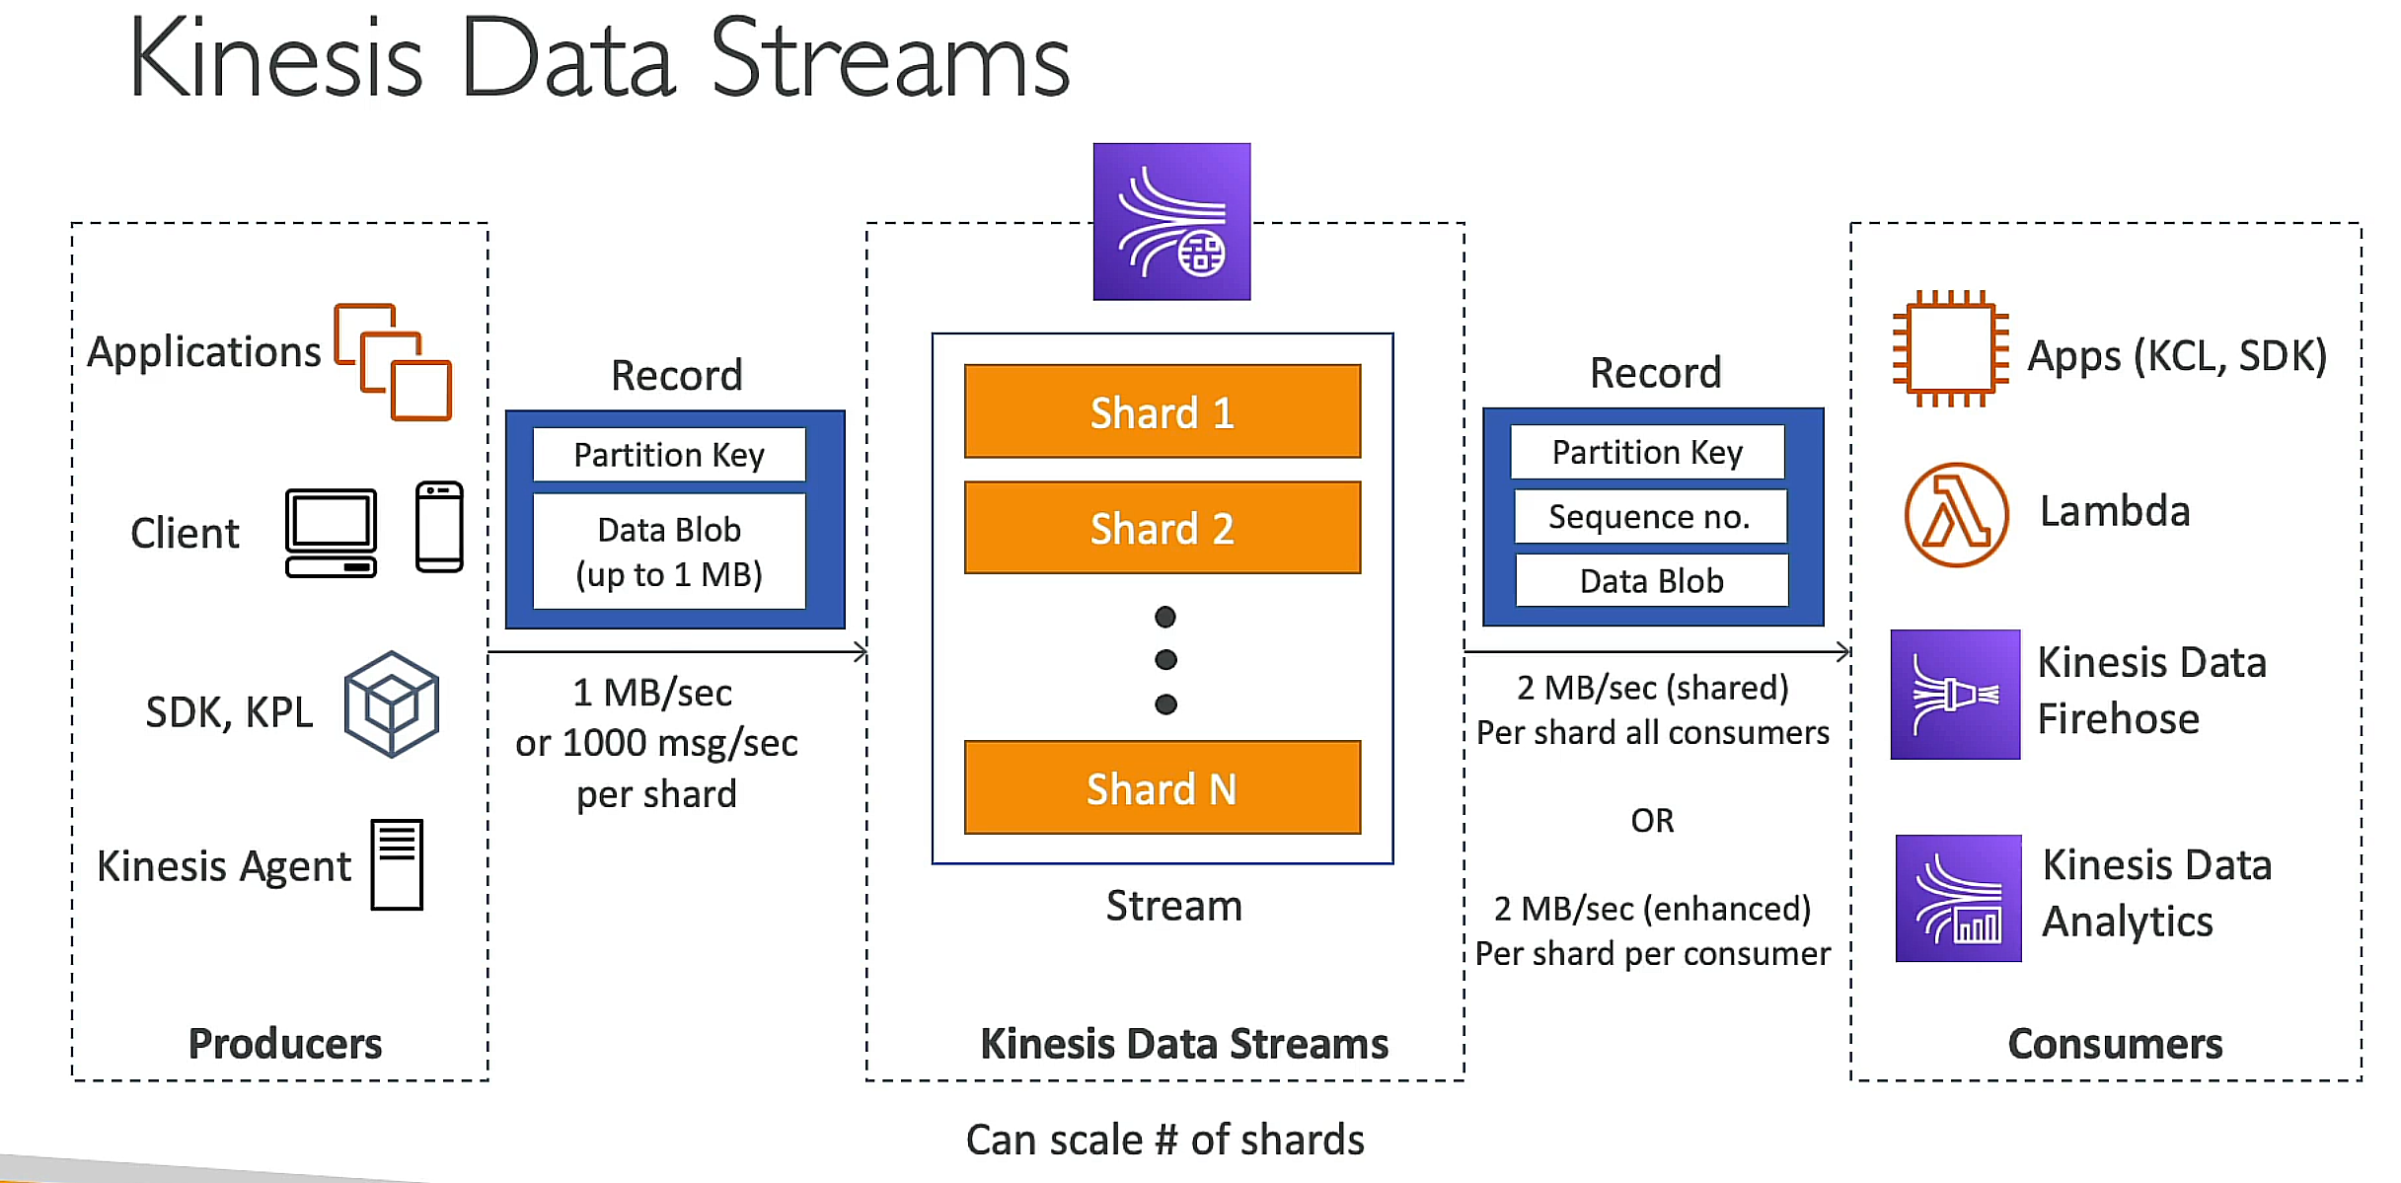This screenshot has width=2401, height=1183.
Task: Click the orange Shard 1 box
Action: (x=1162, y=411)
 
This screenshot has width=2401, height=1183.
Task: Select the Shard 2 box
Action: (x=1162, y=528)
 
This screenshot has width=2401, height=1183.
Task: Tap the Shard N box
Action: (x=1162, y=787)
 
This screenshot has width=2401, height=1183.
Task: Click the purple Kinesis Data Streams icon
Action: (x=1171, y=222)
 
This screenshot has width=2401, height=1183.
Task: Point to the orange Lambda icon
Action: (x=1956, y=514)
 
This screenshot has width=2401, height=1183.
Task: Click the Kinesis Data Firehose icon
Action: (x=1955, y=695)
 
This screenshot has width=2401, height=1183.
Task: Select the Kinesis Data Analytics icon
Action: (x=1958, y=898)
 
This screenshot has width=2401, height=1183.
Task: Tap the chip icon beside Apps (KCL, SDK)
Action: (x=1951, y=349)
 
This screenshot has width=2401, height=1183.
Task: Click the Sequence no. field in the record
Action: (x=1650, y=516)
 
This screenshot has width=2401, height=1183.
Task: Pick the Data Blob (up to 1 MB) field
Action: (x=669, y=552)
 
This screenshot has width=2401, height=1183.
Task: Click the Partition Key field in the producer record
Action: (x=669, y=455)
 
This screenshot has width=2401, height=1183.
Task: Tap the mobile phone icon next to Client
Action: (x=439, y=527)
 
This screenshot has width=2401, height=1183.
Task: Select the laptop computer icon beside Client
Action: (x=331, y=533)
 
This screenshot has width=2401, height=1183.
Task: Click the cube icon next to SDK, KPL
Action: (x=392, y=704)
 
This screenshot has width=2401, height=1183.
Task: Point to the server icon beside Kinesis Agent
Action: (x=397, y=864)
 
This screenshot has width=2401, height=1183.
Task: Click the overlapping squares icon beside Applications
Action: (x=393, y=362)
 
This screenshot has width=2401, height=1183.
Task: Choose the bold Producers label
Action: (x=284, y=1043)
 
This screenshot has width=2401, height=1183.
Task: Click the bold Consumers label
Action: (x=2115, y=1043)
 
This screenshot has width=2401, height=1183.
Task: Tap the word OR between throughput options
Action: (x=1652, y=820)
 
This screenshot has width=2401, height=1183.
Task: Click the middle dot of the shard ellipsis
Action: (x=1165, y=659)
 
